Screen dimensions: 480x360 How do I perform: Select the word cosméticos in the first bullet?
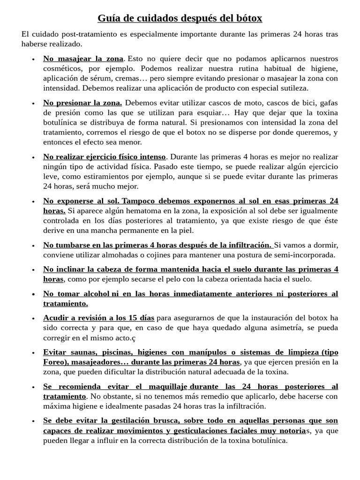(62, 68)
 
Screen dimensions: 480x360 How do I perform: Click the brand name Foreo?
(54, 362)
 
